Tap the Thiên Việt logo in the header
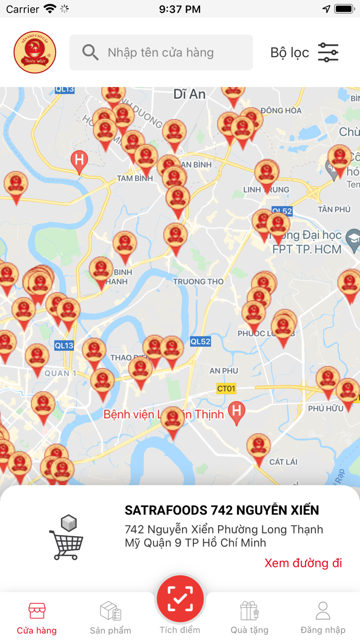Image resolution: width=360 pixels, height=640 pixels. [35, 52]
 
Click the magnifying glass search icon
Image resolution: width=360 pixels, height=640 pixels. [91, 52]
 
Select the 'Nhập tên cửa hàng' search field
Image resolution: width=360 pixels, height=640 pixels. [170, 52]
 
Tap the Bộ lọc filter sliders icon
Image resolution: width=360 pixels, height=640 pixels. [328, 52]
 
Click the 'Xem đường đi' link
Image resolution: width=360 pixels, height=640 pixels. [303, 563]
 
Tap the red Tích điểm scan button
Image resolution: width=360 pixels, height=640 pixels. [181, 599]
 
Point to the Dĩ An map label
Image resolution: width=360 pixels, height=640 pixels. [189, 94]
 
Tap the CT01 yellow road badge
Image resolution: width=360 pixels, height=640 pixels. [226, 388]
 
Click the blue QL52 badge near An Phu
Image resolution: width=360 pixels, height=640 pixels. [201, 342]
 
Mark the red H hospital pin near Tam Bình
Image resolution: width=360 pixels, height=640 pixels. [79, 160]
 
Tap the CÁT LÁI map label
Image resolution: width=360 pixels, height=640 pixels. [283, 461]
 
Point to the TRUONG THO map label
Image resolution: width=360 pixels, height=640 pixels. [198, 281]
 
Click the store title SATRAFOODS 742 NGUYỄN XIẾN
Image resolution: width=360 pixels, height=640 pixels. [222, 510]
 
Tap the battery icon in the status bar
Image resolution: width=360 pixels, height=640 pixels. [344, 9]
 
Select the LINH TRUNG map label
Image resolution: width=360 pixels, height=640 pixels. [266, 190]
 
